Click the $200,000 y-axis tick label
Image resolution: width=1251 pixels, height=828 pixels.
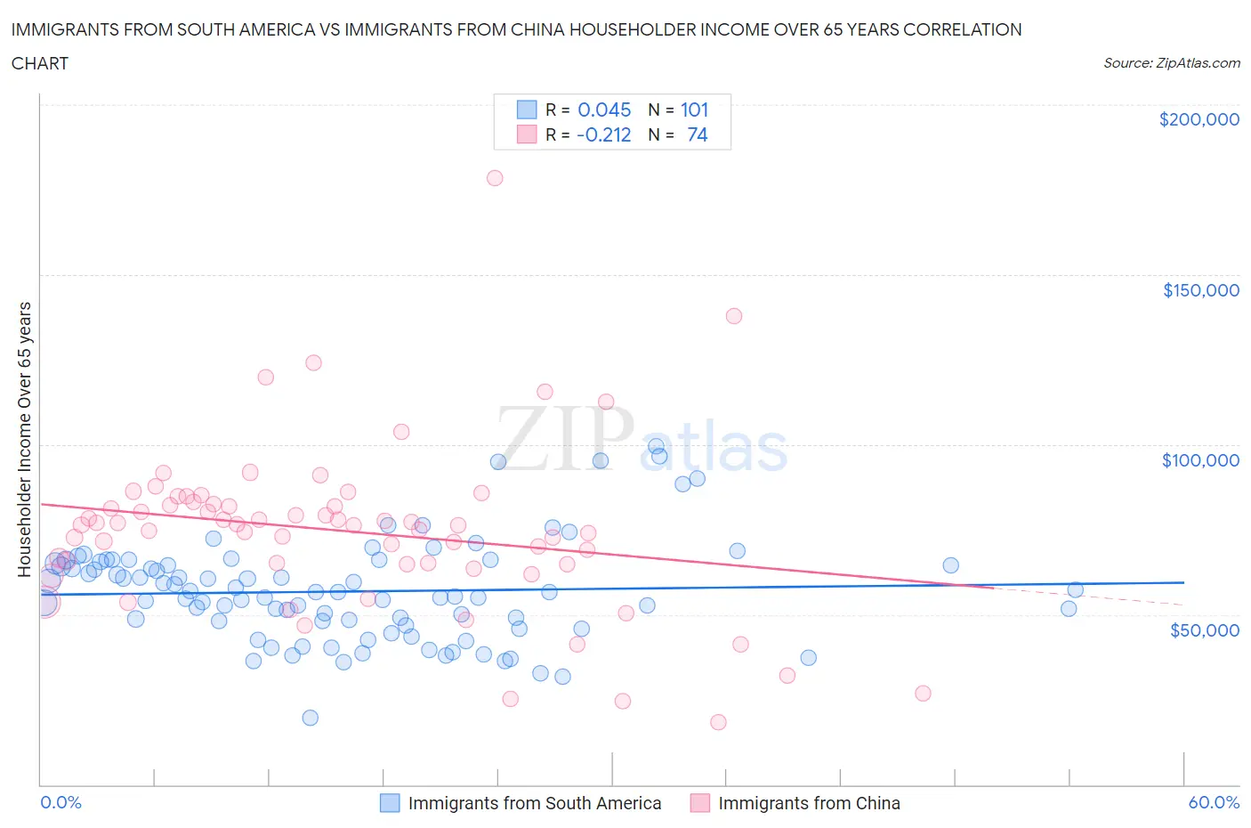[x=1199, y=120]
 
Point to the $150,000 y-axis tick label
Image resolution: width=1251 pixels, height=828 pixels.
[x=1200, y=290]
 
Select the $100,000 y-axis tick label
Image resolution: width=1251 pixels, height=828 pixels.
[x=1200, y=460]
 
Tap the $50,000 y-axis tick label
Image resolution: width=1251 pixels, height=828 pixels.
[x=1204, y=630]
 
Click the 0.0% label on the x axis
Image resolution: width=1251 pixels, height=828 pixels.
[x=61, y=802]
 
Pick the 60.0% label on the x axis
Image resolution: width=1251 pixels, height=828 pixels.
[x=1214, y=802]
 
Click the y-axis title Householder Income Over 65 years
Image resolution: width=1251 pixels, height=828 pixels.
[x=25, y=439]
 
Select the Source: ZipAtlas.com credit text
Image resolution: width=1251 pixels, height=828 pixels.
[x=1171, y=63]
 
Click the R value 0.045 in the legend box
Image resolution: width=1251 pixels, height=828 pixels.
[x=604, y=110]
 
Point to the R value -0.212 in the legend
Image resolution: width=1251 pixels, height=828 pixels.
[x=603, y=134]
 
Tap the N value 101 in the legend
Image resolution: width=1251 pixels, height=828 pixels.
[x=694, y=110]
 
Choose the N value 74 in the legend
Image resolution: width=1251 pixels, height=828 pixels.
[x=697, y=134]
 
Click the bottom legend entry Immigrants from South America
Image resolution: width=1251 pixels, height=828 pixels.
[x=534, y=803]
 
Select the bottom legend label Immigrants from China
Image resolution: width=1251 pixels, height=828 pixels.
[x=808, y=803]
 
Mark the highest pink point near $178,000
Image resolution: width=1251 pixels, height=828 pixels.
[x=495, y=178]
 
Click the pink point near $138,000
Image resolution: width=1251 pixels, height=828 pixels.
[x=734, y=316]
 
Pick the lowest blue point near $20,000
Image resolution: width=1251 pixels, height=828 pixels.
[x=310, y=718]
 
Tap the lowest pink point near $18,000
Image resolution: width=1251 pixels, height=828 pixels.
[x=718, y=722]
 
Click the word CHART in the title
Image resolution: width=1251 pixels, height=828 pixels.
[x=40, y=63]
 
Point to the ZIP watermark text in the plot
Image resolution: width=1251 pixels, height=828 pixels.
[x=566, y=438]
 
